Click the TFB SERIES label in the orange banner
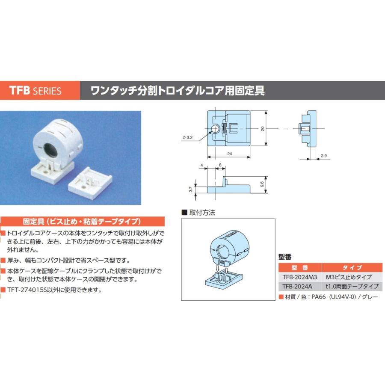pyautogui.click(x=36, y=91)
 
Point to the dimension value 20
pyautogui.click(x=262, y=128)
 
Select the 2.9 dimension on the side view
pyautogui.click(x=323, y=156)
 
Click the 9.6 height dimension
pyautogui.click(x=262, y=185)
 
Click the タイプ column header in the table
pyautogui.click(x=349, y=267)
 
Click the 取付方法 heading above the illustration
pyautogui.click(x=201, y=212)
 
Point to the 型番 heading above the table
pyautogui.click(x=285, y=257)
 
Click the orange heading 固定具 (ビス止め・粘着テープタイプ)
pyautogui.click(x=81, y=222)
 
